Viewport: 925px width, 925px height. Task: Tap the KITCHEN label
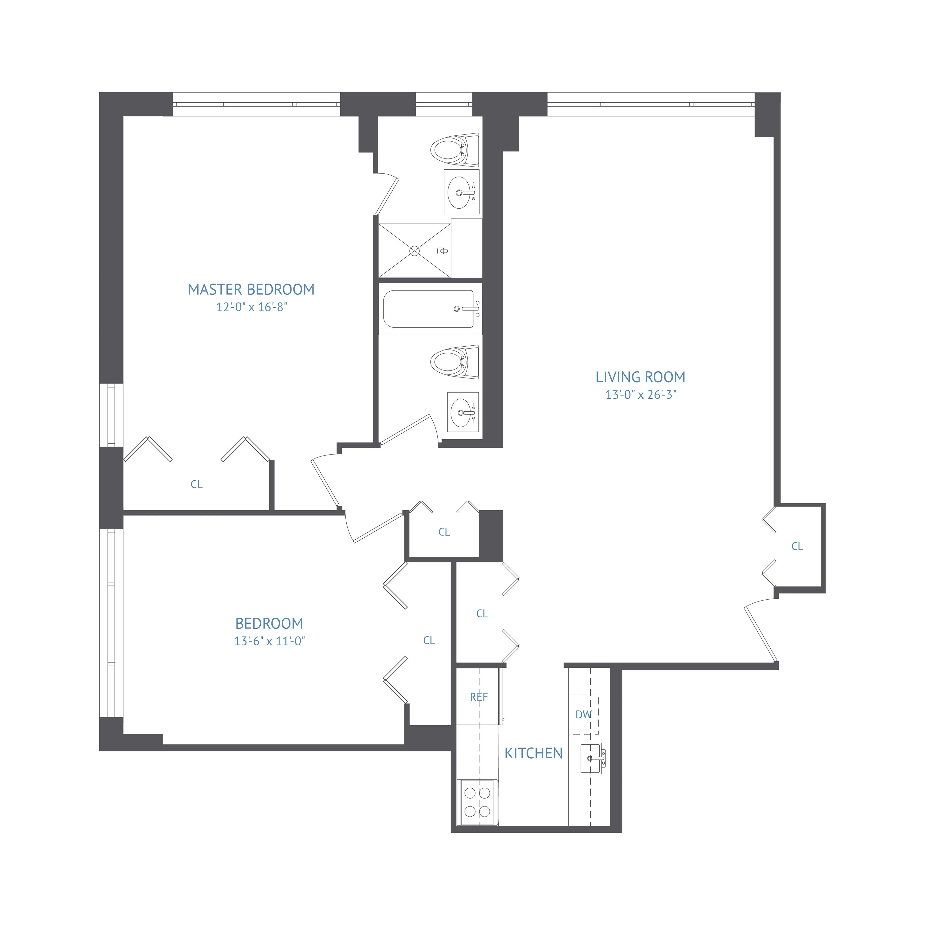tap(533, 753)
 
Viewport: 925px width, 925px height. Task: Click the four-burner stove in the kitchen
tap(477, 802)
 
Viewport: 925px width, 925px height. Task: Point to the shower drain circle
tap(415, 251)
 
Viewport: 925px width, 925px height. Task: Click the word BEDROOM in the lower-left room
tap(269, 623)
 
